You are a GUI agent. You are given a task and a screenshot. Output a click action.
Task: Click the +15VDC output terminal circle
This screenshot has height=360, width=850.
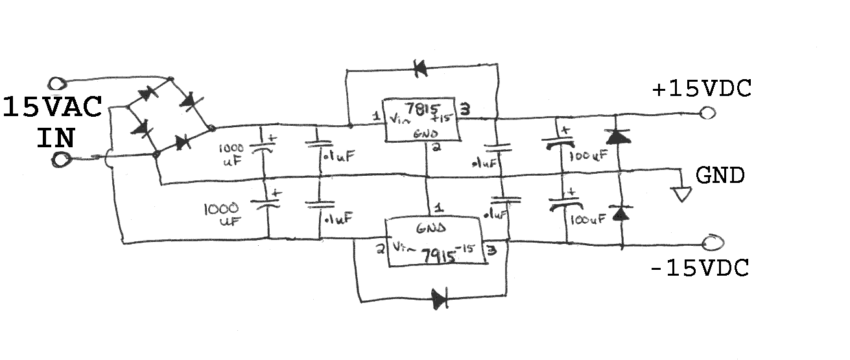click(x=707, y=113)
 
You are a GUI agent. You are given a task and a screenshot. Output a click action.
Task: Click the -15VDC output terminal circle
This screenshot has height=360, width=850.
click(x=713, y=243)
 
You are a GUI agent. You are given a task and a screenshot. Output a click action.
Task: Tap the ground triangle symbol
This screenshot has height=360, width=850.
click(x=682, y=195)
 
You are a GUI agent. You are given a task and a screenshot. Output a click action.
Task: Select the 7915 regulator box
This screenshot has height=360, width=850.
click(x=436, y=241)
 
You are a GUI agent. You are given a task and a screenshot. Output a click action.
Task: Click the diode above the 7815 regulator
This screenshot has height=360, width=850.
click(x=419, y=68)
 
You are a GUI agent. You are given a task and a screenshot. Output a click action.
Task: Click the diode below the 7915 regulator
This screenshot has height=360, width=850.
click(x=440, y=298)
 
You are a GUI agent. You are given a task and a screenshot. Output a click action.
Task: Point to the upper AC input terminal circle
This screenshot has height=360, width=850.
click(x=56, y=83)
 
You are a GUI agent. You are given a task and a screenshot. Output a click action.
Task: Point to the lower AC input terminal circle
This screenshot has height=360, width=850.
click(x=62, y=160)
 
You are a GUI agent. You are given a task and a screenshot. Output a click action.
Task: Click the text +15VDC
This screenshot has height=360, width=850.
click(x=702, y=89)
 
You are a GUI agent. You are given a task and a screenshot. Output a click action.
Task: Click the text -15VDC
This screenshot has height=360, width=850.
click(x=700, y=268)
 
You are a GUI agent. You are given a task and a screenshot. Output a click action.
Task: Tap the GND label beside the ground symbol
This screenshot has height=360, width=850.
click(x=720, y=175)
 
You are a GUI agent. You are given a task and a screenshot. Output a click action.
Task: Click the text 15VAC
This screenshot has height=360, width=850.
click(x=53, y=107)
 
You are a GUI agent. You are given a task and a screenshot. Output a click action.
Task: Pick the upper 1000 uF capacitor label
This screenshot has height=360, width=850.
click(x=231, y=155)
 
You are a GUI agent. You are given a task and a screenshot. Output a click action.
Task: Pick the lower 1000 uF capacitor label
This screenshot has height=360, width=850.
click(x=222, y=215)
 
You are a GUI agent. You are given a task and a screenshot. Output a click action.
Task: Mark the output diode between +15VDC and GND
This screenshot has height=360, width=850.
click(x=618, y=136)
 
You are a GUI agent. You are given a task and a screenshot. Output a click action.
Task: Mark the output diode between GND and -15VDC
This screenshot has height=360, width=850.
click(x=620, y=213)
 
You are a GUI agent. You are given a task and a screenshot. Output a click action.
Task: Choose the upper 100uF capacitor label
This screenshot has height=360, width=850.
click(x=589, y=155)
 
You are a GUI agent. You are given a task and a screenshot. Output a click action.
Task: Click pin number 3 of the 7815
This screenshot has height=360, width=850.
click(x=466, y=109)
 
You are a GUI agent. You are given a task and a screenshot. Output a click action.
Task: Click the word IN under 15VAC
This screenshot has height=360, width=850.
click(x=55, y=138)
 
